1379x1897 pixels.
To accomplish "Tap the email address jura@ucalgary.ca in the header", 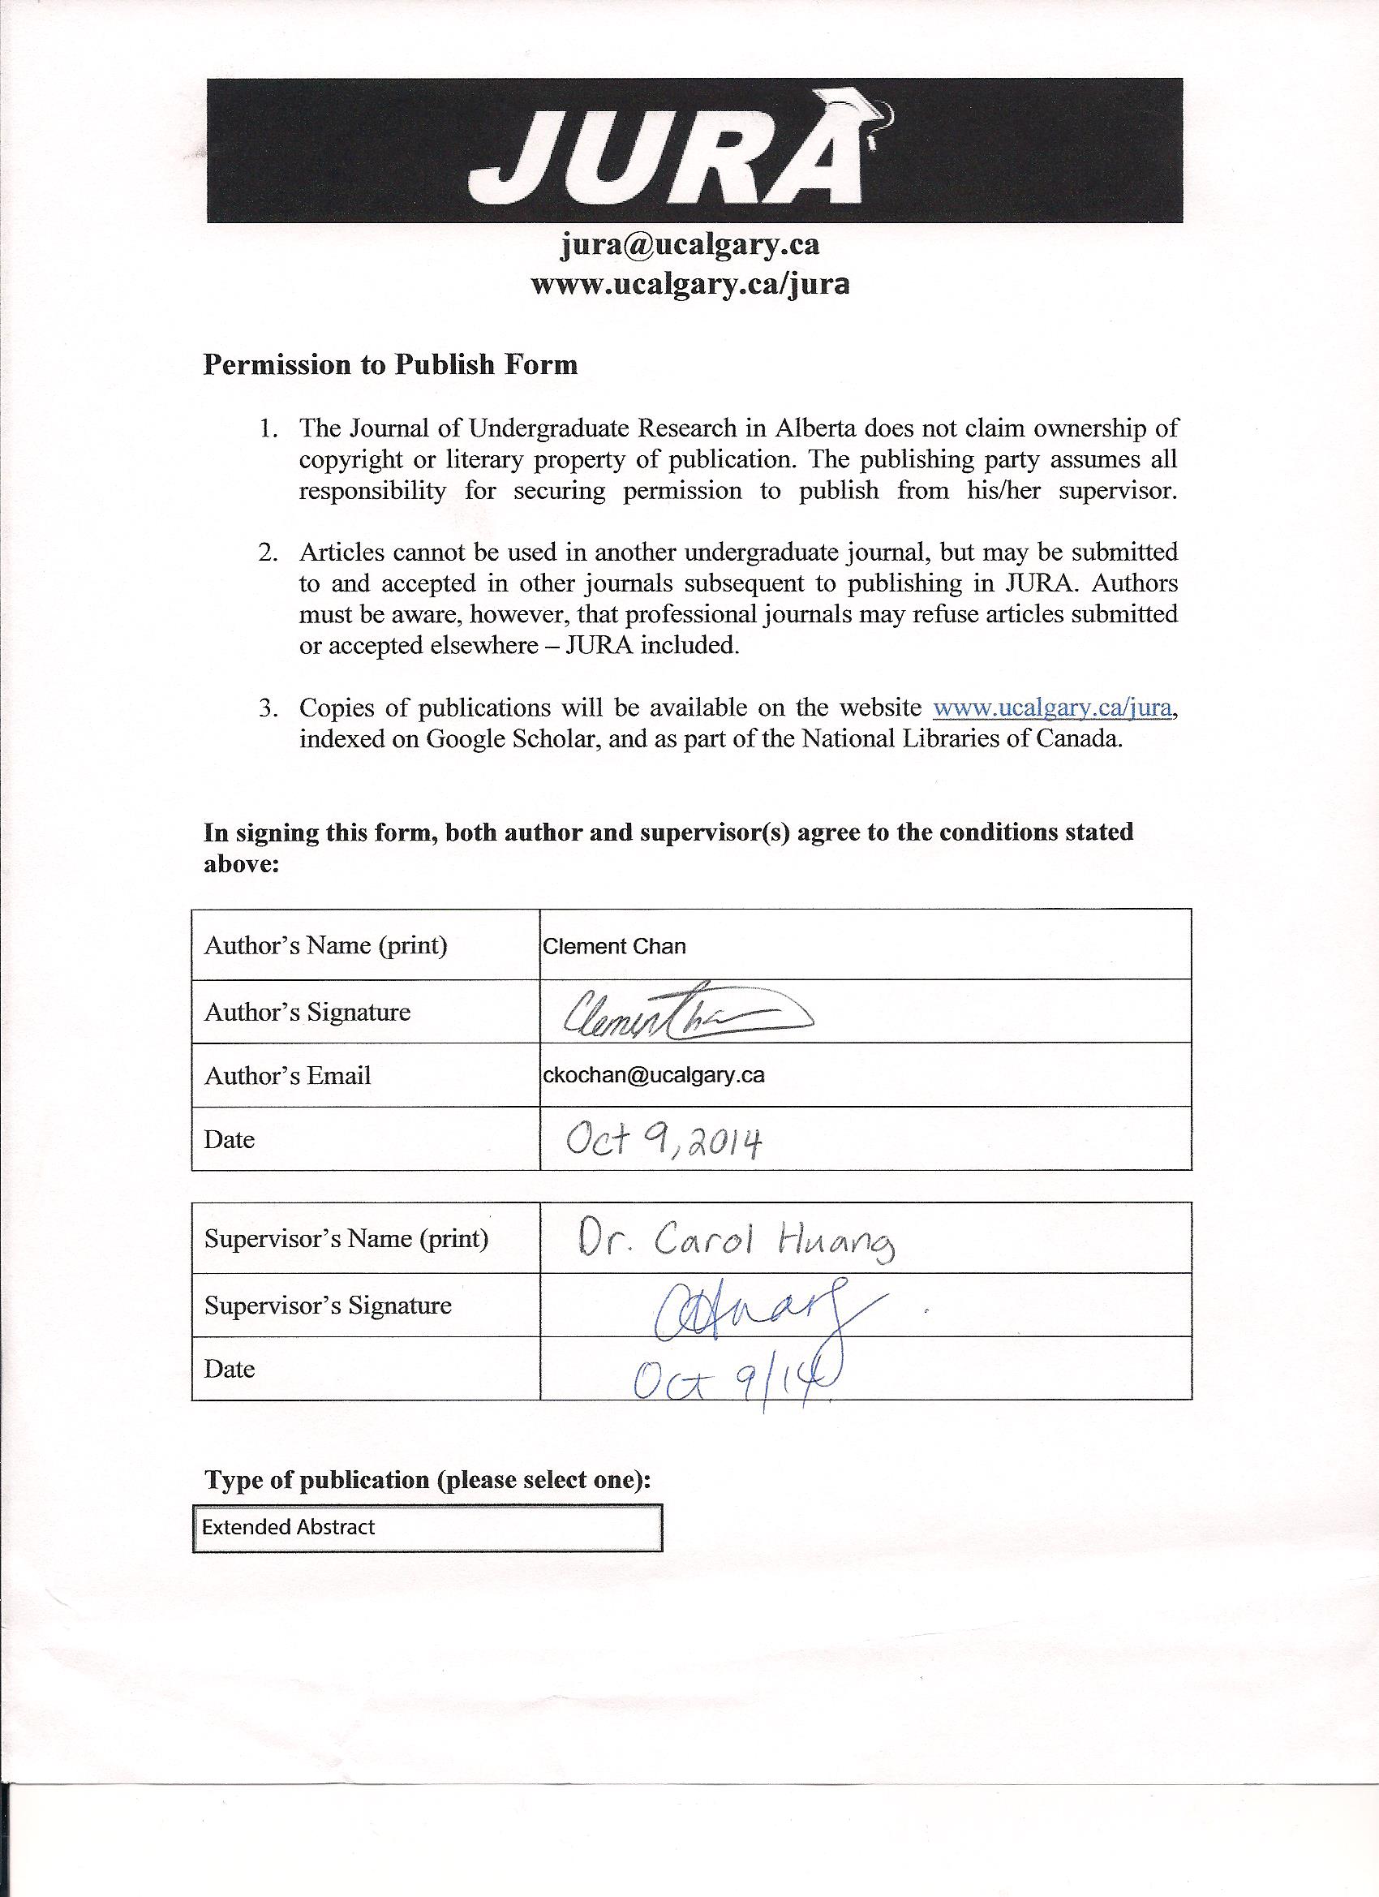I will pos(690,245).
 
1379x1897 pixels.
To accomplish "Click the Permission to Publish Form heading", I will pos(390,364).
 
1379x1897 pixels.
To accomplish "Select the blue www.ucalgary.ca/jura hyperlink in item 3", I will pos(1054,708).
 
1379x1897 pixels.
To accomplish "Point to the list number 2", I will pos(268,553).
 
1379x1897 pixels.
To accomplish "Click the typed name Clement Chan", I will pos(615,947).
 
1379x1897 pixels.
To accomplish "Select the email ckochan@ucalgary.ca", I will pos(654,1076).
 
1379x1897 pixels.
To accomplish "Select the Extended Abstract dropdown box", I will pos(427,1528).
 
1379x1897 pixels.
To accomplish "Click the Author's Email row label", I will pos(288,1076).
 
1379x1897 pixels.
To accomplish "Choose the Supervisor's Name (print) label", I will pos(346,1239).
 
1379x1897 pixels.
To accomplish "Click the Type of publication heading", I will pos(427,1481).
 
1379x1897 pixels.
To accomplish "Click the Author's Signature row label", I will pos(307,1012).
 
